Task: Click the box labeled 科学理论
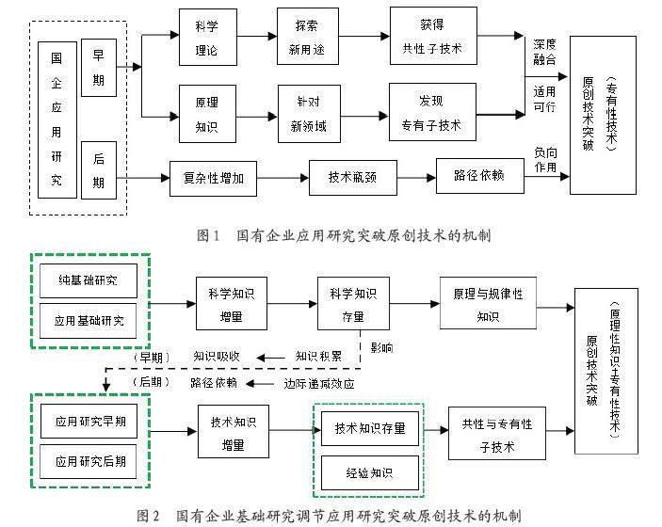[207, 38]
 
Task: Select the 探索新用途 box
[307, 37]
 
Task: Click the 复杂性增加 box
[213, 177]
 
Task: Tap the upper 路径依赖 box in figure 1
[479, 176]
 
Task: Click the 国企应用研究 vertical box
[57, 120]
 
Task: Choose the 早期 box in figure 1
[98, 68]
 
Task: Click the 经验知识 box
[369, 471]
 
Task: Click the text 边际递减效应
[319, 383]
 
